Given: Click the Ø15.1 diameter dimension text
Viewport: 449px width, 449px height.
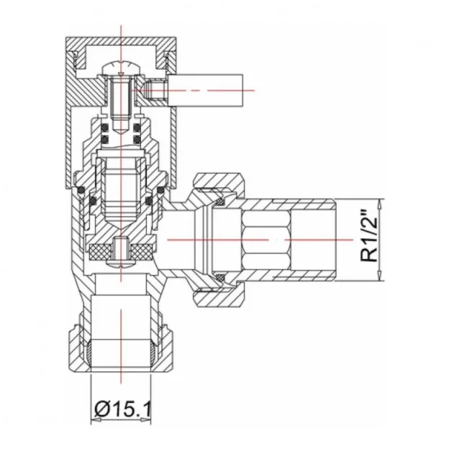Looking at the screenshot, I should [x=121, y=410].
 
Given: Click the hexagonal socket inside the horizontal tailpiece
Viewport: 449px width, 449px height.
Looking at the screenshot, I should [x=265, y=237].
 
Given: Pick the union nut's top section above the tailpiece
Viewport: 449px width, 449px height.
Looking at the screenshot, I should [x=219, y=181].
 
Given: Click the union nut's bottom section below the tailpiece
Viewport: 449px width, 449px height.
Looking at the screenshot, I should [x=219, y=295].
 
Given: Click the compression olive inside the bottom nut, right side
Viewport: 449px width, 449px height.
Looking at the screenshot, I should [x=148, y=353].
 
